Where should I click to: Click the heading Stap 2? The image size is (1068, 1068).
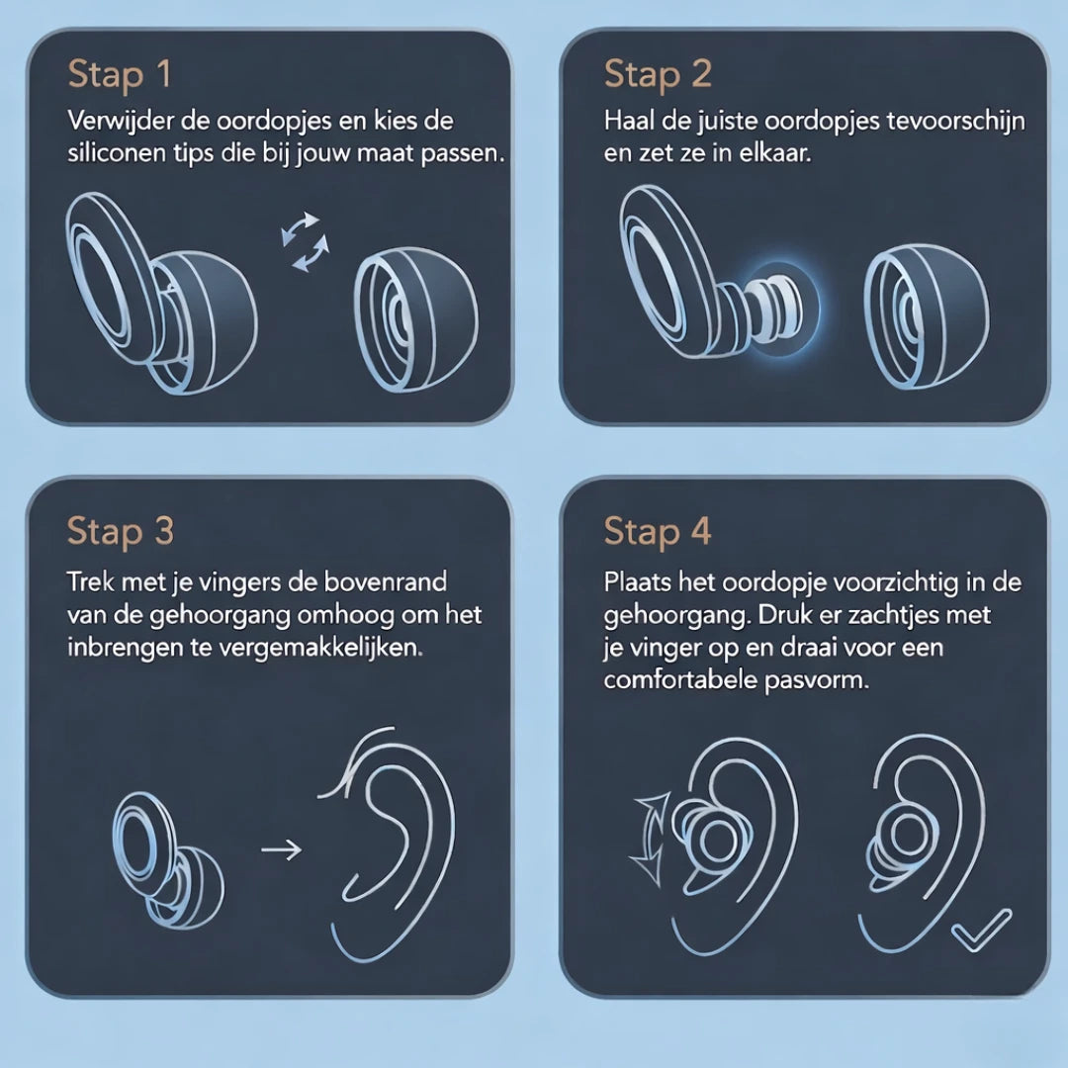657,75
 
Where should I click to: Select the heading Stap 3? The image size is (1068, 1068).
120,532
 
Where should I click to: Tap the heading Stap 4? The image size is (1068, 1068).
657,532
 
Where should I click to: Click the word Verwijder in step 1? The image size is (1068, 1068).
116,122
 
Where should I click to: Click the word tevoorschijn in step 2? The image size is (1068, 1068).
963,122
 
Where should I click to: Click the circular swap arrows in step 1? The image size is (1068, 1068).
302,240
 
